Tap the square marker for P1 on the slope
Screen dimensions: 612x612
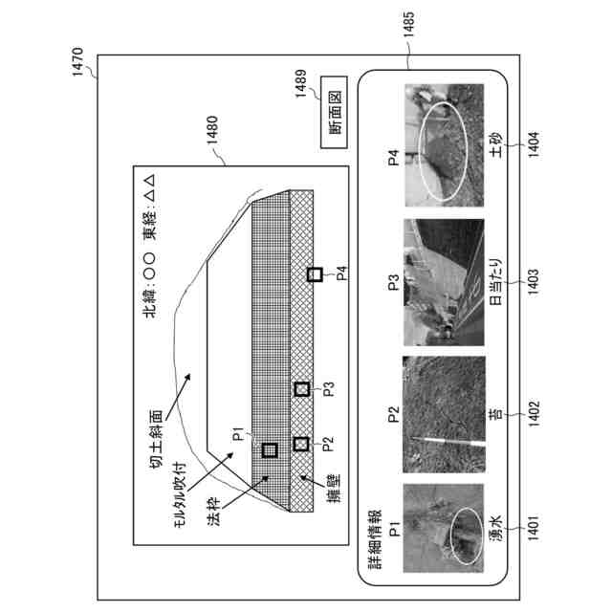[270, 448]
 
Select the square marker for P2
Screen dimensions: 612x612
[301, 444]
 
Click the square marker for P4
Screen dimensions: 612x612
[314, 275]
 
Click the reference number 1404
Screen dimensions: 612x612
[535, 156]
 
